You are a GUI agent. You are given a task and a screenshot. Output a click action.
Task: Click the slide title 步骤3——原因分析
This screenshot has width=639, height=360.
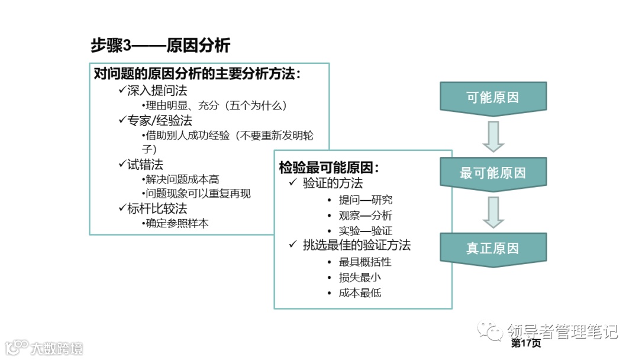click(160, 46)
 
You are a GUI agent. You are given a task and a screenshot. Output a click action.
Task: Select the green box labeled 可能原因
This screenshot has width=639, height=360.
click(493, 98)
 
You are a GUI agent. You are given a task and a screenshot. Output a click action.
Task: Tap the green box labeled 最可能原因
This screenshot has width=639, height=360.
click(493, 173)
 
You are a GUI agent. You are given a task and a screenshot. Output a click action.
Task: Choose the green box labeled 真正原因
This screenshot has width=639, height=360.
click(493, 248)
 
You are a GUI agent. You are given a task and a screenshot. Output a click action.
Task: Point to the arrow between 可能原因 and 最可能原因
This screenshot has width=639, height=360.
click(493, 136)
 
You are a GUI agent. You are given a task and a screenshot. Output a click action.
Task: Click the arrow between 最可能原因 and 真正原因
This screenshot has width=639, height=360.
click(493, 212)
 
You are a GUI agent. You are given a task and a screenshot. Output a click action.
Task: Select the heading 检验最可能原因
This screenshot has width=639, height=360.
click(329, 168)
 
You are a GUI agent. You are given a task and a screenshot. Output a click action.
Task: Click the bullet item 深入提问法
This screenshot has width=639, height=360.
click(157, 91)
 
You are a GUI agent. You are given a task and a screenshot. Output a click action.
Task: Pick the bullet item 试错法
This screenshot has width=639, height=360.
click(145, 164)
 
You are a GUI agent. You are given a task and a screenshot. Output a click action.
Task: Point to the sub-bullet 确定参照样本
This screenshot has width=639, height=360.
click(177, 223)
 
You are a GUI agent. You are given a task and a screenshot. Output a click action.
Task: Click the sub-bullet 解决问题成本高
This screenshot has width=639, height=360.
click(182, 179)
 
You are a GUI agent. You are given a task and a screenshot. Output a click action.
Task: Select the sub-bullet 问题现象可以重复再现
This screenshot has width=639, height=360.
click(198, 194)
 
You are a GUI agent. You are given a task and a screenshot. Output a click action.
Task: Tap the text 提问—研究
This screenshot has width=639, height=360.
click(365, 200)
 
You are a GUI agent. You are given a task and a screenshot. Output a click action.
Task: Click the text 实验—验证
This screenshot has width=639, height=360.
click(365, 230)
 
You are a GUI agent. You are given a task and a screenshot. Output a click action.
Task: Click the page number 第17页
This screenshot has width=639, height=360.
click(526, 343)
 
